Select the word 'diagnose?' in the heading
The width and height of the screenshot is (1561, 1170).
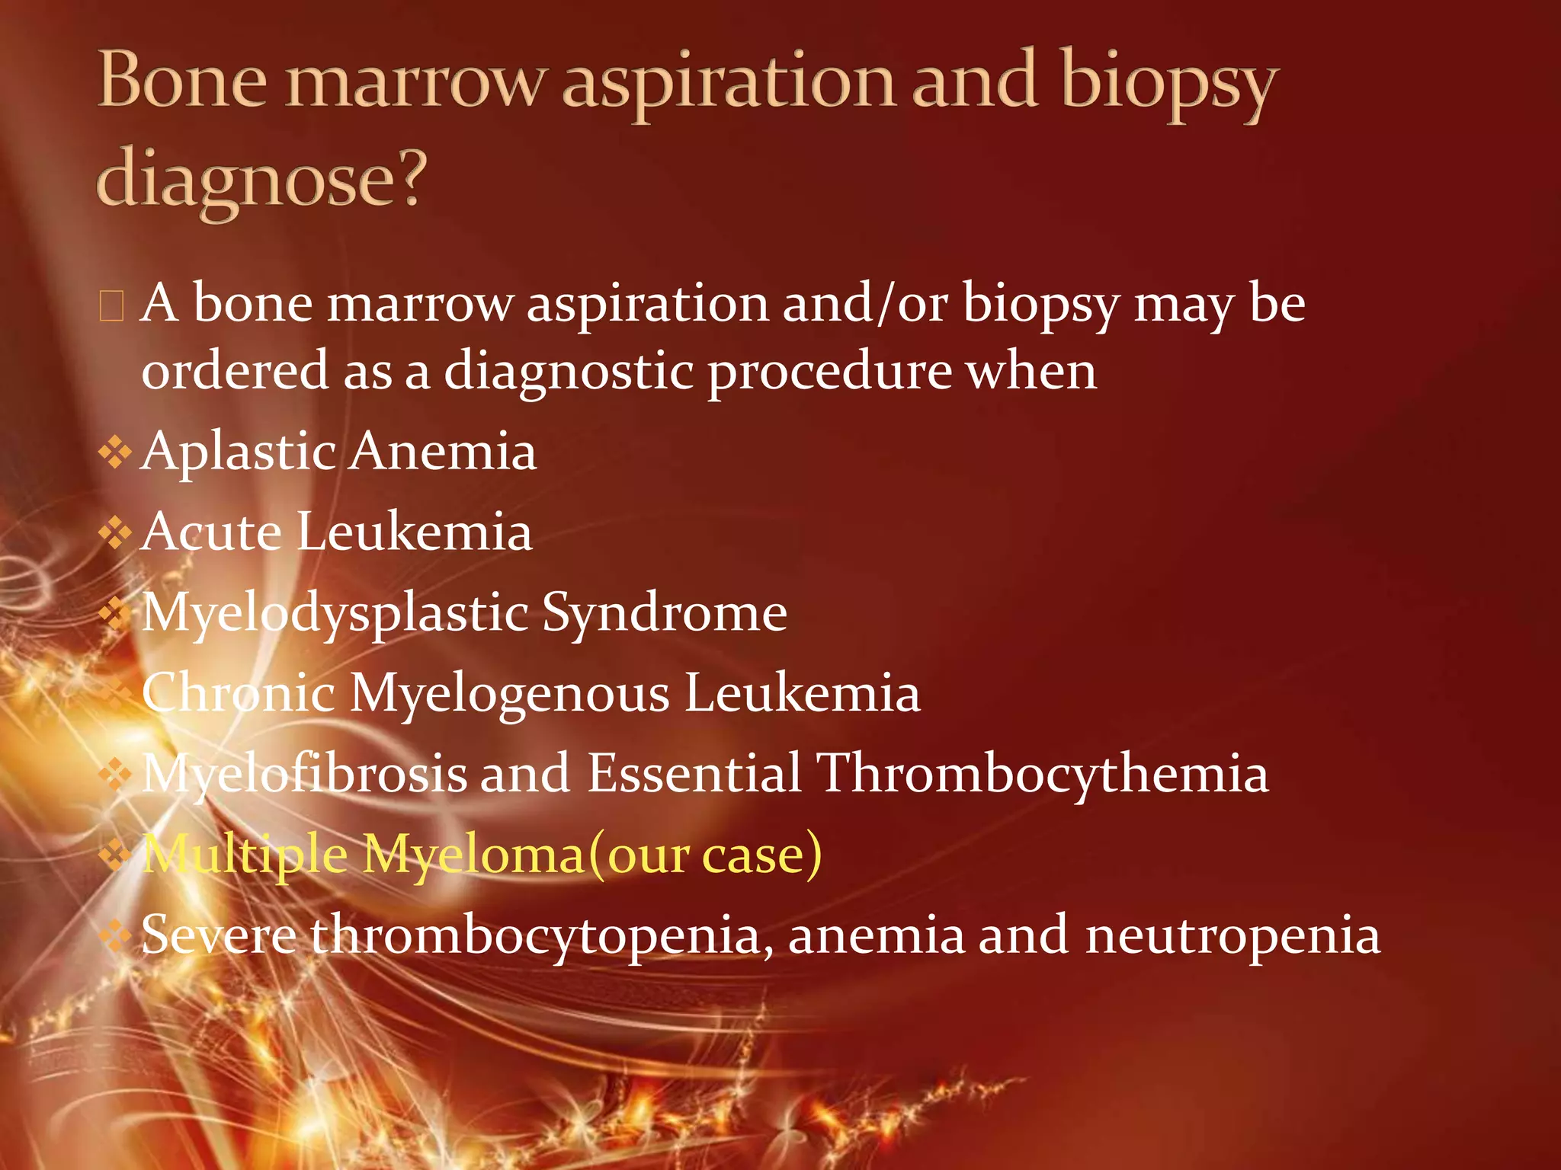pos(260,180)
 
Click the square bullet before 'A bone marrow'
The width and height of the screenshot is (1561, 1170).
pos(111,306)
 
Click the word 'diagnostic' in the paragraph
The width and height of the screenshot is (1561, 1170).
pos(568,372)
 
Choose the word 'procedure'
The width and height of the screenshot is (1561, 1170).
pos(829,372)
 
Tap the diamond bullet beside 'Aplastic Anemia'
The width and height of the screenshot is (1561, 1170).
pos(115,452)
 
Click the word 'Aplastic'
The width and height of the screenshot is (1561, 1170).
pos(239,451)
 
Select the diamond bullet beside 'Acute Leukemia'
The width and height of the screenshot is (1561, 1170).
pos(115,532)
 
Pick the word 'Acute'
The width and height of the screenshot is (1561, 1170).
pos(211,532)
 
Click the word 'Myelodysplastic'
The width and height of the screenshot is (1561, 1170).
pos(335,613)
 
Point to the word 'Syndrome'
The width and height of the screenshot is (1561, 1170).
pos(664,613)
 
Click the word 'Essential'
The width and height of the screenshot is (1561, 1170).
pos(694,774)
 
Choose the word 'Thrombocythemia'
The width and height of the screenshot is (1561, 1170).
pos(1043,774)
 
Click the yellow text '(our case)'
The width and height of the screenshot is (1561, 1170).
pos(704,855)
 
